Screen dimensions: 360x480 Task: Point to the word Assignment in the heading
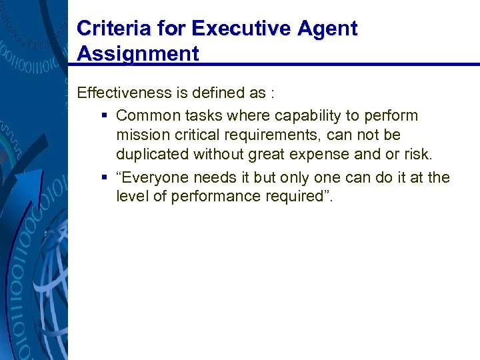click(x=138, y=53)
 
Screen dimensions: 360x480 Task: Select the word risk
click(x=417, y=155)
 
